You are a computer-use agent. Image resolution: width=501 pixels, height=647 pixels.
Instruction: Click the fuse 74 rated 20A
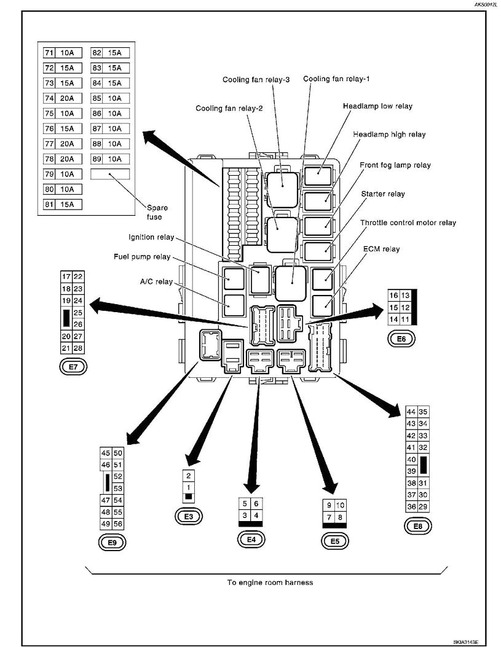[63, 98]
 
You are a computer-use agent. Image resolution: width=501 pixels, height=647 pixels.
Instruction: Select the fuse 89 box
[110, 159]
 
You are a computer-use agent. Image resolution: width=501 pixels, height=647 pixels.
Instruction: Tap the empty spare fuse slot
[110, 174]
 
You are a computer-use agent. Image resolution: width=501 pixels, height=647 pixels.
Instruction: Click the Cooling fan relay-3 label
[256, 80]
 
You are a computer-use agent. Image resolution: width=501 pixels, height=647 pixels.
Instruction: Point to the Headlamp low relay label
[377, 106]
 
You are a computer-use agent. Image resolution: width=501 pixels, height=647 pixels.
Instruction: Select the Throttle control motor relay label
[408, 223]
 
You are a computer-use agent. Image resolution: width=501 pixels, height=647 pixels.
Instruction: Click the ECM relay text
[381, 249]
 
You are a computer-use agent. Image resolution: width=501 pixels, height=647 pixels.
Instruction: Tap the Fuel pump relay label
[142, 257]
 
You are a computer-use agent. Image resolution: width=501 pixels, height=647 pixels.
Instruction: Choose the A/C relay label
[156, 282]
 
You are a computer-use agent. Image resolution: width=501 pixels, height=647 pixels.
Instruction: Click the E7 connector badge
[73, 366]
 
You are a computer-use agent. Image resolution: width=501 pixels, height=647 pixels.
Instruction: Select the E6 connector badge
[401, 339]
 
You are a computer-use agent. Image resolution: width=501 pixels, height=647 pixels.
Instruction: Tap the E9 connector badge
[112, 542]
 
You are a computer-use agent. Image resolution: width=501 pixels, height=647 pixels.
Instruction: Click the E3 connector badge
[189, 516]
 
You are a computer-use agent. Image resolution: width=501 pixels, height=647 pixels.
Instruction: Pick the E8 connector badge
[417, 526]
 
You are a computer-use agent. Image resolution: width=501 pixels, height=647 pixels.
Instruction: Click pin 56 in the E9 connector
[118, 523]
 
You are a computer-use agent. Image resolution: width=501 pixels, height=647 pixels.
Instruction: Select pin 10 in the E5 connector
[341, 505]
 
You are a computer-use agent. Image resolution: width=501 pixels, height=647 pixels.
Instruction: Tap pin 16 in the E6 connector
[393, 296]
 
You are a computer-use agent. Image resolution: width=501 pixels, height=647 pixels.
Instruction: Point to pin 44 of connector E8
[411, 412]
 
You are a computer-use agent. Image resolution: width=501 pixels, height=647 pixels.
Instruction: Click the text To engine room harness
[270, 582]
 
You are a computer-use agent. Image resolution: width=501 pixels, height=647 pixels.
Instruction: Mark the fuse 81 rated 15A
[63, 204]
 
